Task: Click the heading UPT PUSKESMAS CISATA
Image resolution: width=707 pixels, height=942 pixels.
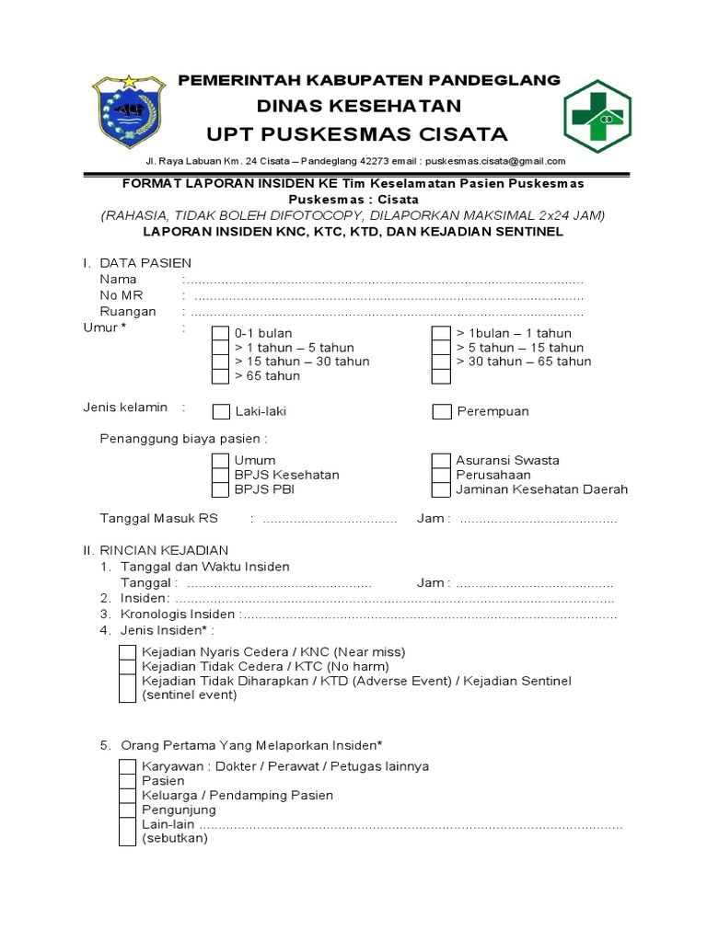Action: [357, 134]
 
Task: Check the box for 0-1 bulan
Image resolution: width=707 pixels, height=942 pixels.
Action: [221, 334]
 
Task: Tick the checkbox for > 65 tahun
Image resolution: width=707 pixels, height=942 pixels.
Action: [221, 376]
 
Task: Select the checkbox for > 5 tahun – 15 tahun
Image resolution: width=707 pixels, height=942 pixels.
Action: [442, 348]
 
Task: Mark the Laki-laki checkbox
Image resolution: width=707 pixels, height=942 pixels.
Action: [221, 411]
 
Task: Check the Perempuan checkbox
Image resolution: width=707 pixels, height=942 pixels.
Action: [442, 411]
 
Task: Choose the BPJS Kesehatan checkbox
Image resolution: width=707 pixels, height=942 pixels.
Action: [221, 475]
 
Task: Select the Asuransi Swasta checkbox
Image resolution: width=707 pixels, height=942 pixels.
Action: [442, 460]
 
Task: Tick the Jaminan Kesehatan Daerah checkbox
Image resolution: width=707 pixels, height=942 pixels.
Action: [442, 489]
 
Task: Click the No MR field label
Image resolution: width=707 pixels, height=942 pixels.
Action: [121, 295]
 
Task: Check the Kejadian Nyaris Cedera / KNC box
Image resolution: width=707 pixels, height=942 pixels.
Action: [127, 652]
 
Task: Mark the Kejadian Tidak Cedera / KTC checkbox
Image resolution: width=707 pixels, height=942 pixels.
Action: [127, 667]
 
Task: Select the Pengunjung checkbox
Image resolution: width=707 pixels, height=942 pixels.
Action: [127, 810]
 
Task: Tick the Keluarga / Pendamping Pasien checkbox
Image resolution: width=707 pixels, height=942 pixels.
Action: [127, 796]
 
